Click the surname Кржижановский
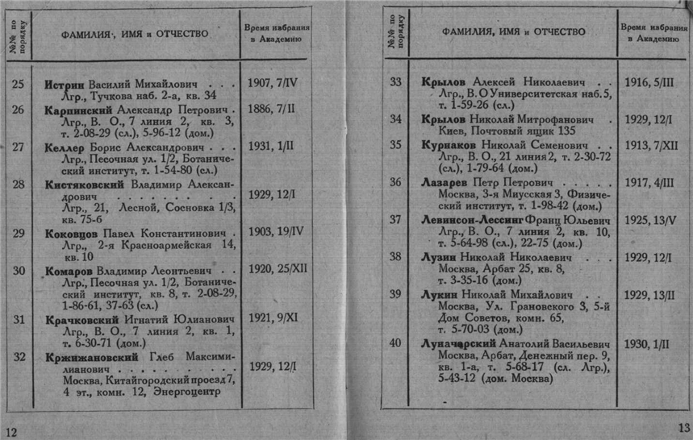tap(88, 357)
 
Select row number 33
tap(395, 82)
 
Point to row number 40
tap(395, 343)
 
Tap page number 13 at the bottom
tap(683, 427)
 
